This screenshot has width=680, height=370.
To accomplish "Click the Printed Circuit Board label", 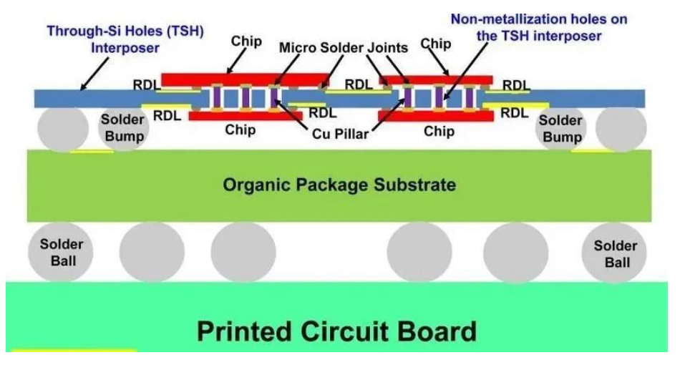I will (x=336, y=331).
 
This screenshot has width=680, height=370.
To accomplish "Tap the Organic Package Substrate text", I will (x=339, y=185).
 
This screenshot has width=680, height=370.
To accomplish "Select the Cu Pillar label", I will (x=340, y=133).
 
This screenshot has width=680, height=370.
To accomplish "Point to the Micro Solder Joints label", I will (x=343, y=48).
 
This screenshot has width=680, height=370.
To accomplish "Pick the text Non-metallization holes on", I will (x=538, y=19).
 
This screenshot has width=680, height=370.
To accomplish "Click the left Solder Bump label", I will (x=122, y=128).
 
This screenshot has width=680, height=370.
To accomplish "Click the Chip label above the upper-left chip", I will (x=246, y=41).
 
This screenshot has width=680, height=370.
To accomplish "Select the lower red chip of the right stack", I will (x=437, y=115).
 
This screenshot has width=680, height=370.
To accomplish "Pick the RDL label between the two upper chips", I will (x=359, y=84).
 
